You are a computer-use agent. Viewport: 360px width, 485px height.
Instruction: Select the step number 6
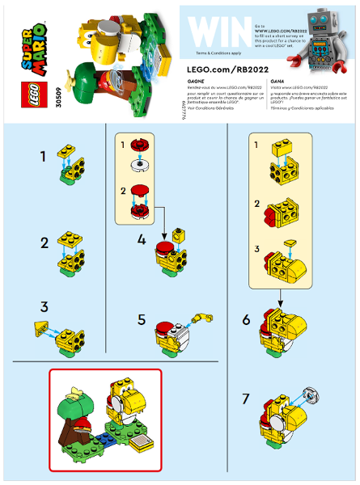[x=248, y=320]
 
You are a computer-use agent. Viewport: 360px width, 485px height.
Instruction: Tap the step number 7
[x=248, y=399]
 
